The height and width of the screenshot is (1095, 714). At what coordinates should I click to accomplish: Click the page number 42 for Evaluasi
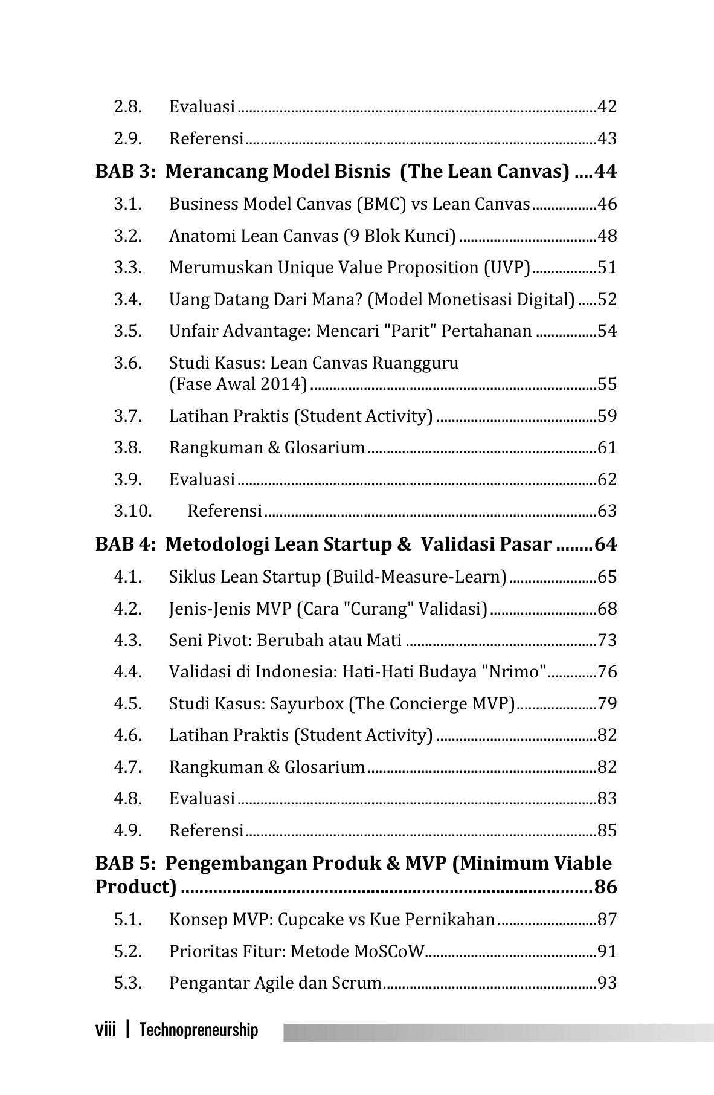(x=606, y=107)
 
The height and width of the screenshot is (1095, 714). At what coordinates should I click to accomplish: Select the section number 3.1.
(x=127, y=204)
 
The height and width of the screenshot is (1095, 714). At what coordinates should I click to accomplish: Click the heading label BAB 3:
(x=126, y=172)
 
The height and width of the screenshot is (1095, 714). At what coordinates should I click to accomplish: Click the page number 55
(x=606, y=384)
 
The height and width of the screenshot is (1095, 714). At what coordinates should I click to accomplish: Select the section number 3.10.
(x=132, y=511)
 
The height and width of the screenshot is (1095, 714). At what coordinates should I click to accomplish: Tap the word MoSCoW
(x=390, y=952)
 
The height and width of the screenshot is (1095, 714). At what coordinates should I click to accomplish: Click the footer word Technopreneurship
(x=198, y=1030)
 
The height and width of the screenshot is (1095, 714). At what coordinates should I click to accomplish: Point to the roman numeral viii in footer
(x=105, y=1030)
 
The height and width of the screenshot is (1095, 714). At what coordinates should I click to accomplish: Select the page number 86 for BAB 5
(x=605, y=888)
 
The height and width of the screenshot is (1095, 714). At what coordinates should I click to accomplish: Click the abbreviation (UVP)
(x=507, y=268)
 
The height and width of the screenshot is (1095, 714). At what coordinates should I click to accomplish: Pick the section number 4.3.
(x=127, y=641)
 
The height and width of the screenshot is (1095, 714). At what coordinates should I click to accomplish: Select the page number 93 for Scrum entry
(x=606, y=983)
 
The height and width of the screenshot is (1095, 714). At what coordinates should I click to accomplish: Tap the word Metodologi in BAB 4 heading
(x=217, y=545)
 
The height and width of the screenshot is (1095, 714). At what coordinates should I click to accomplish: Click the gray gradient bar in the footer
(x=498, y=1032)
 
